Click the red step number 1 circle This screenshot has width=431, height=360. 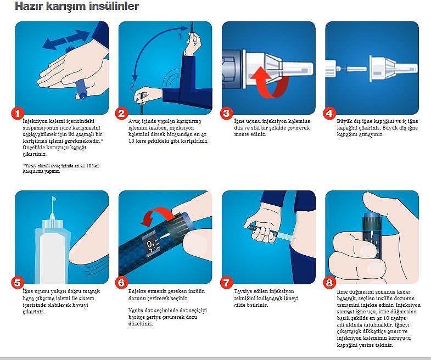pos(18,113)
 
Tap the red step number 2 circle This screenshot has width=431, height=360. pos(121,113)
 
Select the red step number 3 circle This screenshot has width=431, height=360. pos(226,113)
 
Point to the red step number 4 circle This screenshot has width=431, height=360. pos(329,113)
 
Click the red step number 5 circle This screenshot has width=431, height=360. pos(18,283)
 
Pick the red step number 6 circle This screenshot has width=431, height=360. pos(121,283)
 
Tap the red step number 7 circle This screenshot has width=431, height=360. pos(226,283)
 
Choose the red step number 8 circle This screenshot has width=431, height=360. pos(329,283)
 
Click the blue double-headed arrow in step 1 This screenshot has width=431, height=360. pos(66,40)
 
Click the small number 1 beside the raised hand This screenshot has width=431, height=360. pos(180,36)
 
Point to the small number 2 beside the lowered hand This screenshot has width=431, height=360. pos(132,87)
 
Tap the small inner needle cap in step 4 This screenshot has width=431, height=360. pos(357,69)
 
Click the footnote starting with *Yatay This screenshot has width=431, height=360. pos(61,168)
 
